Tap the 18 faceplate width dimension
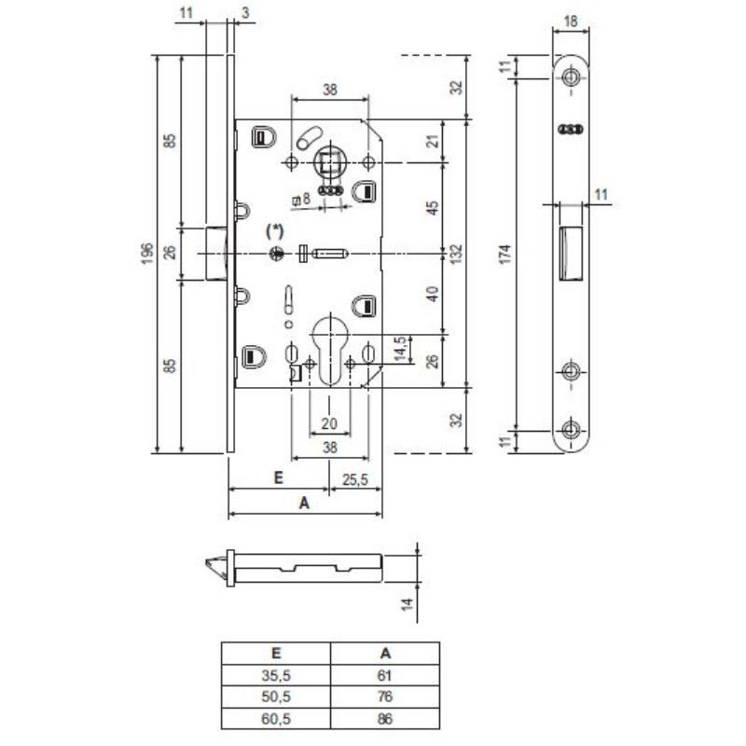click(x=571, y=19)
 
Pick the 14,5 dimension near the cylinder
click(x=400, y=351)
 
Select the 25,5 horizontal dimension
click(x=355, y=479)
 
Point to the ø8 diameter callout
click(x=301, y=199)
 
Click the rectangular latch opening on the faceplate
click(x=570, y=252)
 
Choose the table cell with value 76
click(x=385, y=698)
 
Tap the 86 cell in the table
click(x=385, y=719)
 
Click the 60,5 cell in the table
click(x=276, y=719)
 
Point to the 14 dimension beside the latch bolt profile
click(x=407, y=605)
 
